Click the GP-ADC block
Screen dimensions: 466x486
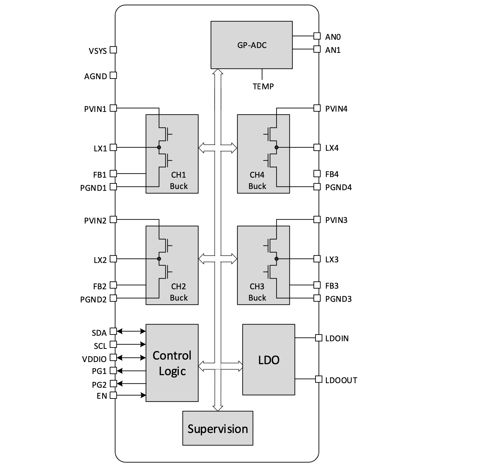252,45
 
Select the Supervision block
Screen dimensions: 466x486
218,428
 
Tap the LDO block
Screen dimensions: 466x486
269,360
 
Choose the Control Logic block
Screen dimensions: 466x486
172,363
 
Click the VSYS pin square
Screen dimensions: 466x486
113,50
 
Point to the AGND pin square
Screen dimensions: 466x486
113,75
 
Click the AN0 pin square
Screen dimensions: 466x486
317,36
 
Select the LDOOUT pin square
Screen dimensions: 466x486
318,379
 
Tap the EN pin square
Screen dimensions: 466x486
113,395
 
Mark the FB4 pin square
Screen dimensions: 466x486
317,174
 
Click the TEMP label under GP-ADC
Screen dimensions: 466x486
263,87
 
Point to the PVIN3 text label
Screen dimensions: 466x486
336,220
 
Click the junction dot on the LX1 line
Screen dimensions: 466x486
159,147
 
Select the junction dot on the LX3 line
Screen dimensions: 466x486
276,259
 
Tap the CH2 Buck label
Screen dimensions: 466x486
179,292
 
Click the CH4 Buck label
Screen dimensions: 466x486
257,180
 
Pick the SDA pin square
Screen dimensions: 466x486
113,331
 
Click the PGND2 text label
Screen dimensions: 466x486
93,299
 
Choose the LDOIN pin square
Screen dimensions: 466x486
318,338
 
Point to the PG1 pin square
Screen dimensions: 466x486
113,371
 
